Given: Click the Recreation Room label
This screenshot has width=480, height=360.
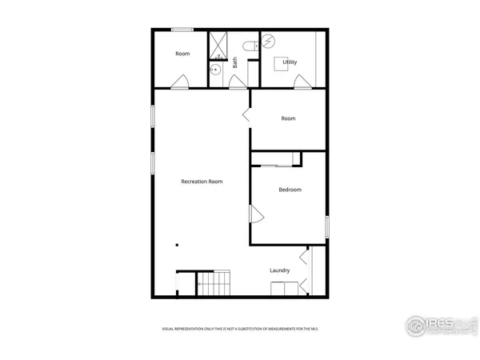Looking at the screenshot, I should pyautogui.click(x=202, y=182).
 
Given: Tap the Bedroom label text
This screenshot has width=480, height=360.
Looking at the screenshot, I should pyautogui.click(x=290, y=190).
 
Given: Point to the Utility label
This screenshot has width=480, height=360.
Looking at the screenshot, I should pyautogui.click(x=290, y=62).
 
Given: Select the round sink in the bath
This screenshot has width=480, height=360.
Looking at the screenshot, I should pyautogui.click(x=216, y=70).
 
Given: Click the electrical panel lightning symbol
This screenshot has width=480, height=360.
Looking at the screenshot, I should pyautogui.click(x=270, y=41).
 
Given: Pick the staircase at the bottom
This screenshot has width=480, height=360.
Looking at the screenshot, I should pyautogui.click(x=214, y=283).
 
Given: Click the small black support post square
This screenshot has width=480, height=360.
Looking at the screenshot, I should pyautogui.click(x=178, y=246).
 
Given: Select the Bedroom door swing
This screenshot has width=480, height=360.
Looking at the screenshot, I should pyautogui.click(x=257, y=214).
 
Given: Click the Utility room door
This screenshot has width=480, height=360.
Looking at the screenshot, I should pyautogui.click(x=302, y=80).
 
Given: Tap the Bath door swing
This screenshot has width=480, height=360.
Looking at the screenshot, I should pyautogui.click(x=238, y=82).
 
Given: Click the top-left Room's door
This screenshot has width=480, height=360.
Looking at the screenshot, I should pyautogui.click(x=182, y=81).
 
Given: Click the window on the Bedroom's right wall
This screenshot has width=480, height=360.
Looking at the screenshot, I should pyautogui.click(x=327, y=226).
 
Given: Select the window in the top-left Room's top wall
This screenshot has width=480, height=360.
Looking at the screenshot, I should pyautogui.click(x=182, y=30).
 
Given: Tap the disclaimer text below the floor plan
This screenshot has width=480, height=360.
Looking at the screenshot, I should pyautogui.click(x=239, y=329).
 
